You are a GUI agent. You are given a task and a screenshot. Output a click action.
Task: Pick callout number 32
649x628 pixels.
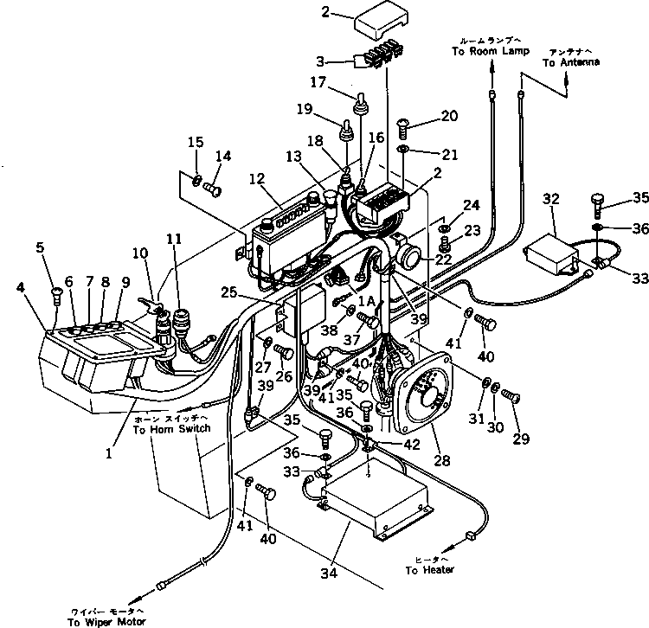[x=549, y=198]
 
